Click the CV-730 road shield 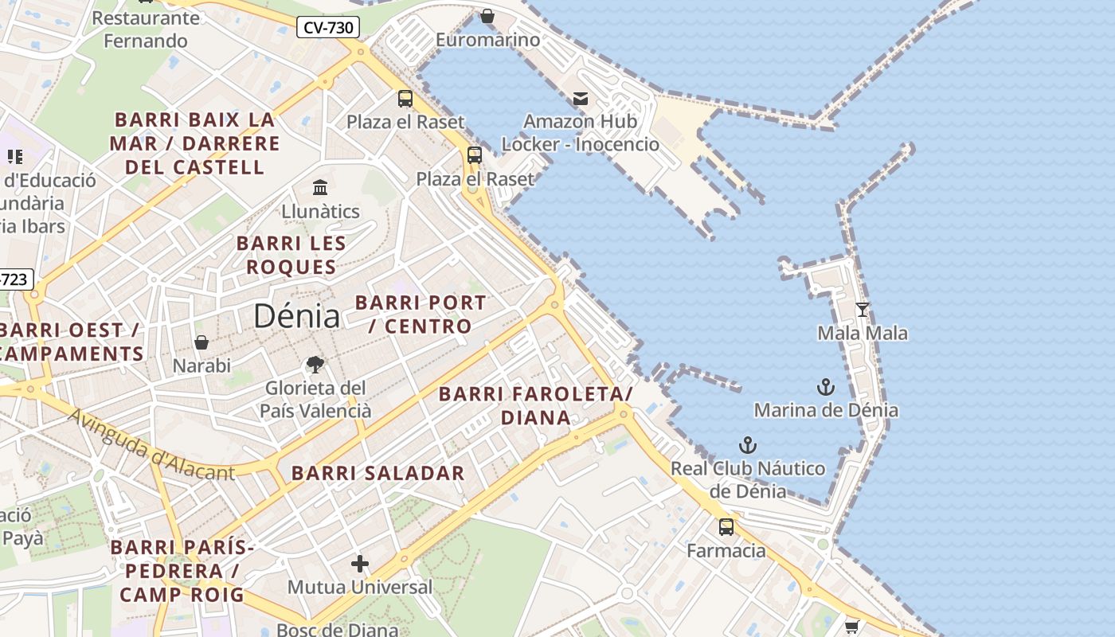tap(328, 28)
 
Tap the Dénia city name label tap(296, 316)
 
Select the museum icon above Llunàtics tap(320, 188)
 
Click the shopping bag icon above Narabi tap(201, 342)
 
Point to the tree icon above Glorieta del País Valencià tap(315, 365)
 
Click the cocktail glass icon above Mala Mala tap(862, 309)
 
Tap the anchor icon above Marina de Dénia tap(826, 387)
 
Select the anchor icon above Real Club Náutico tap(747, 445)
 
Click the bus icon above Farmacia tap(726, 526)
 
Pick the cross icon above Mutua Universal tap(360, 564)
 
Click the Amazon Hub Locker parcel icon tap(581, 99)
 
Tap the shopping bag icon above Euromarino tap(487, 16)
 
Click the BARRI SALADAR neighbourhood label tap(378, 473)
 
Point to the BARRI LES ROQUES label tap(291, 255)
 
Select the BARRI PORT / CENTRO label tap(421, 315)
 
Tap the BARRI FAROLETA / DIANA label tap(535, 405)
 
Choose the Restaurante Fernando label tap(146, 29)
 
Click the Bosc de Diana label tap(337, 629)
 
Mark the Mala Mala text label tap(863, 333)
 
